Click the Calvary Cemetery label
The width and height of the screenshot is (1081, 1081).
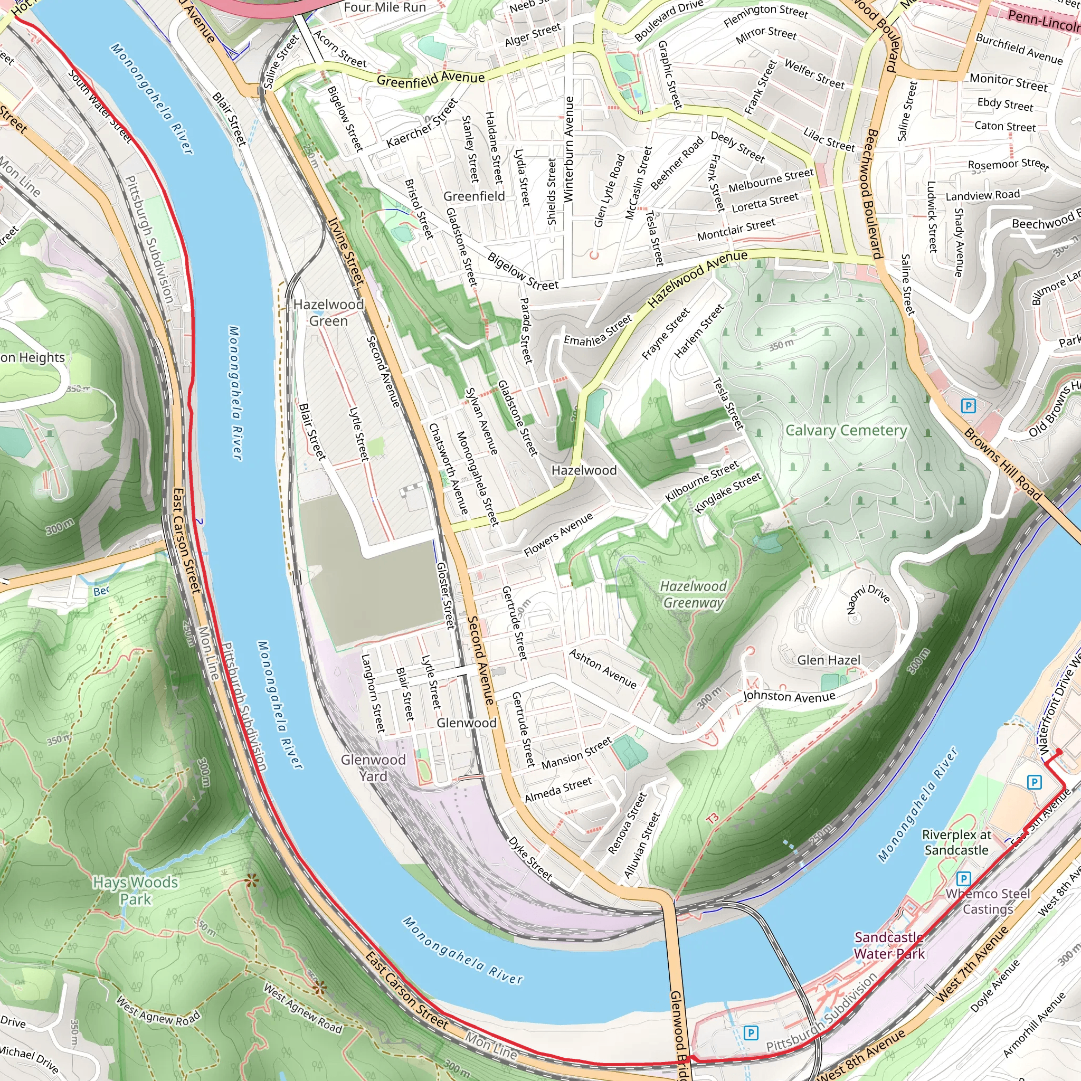(x=846, y=430)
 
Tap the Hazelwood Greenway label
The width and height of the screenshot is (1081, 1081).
(x=693, y=594)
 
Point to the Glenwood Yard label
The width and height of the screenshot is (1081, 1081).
(x=373, y=767)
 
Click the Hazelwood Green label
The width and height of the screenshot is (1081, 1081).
(x=328, y=312)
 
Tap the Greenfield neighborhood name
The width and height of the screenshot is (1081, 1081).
(x=474, y=196)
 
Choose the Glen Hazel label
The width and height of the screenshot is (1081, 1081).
(x=829, y=660)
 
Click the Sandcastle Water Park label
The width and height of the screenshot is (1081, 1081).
(x=889, y=945)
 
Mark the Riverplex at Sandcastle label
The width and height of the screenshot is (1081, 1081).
(x=956, y=842)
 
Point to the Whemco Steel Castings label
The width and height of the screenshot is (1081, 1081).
(x=988, y=902)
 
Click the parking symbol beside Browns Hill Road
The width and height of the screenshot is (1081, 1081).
(x=969, y=406)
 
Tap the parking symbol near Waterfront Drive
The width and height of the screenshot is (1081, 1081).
(x=1035, y=782)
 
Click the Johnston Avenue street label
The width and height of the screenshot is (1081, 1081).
(x=789, y=697)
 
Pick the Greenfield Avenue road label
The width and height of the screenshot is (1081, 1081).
(x=430, y=79)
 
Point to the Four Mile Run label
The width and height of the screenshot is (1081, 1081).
(x=385, y=7)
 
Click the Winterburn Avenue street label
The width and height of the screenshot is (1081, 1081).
(x=569, y=149)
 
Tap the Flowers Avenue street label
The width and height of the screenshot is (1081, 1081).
(x=558, y=535)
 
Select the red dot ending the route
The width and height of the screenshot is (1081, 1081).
(x=1059, y=752)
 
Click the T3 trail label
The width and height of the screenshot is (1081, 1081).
(x=712, y=819)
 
